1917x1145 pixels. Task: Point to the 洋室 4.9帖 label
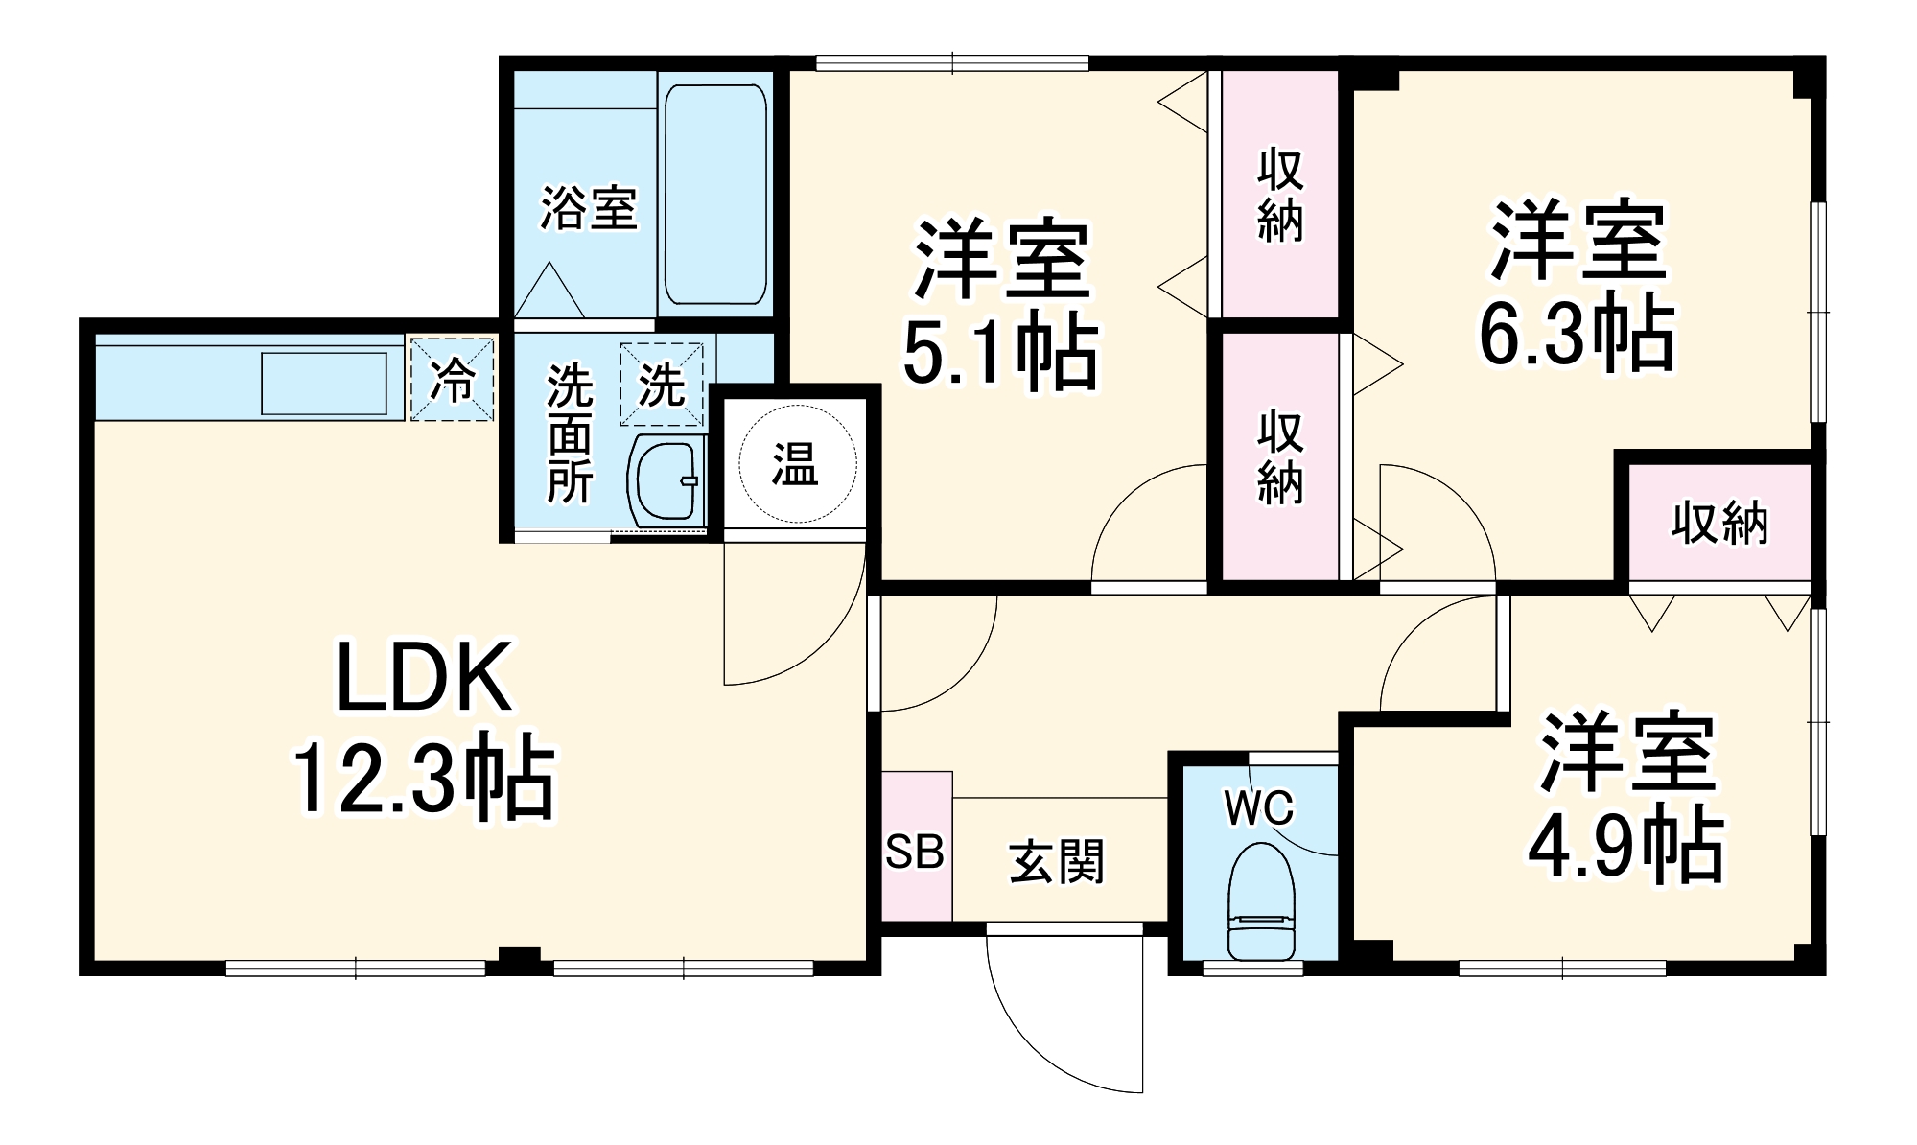1625,797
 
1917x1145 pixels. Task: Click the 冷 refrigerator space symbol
452,379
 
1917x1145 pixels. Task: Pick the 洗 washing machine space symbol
661,385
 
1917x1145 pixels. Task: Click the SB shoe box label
915,851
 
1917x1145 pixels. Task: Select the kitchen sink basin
324,383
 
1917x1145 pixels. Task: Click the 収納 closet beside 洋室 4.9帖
1719,524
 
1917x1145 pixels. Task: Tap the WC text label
1258,808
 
